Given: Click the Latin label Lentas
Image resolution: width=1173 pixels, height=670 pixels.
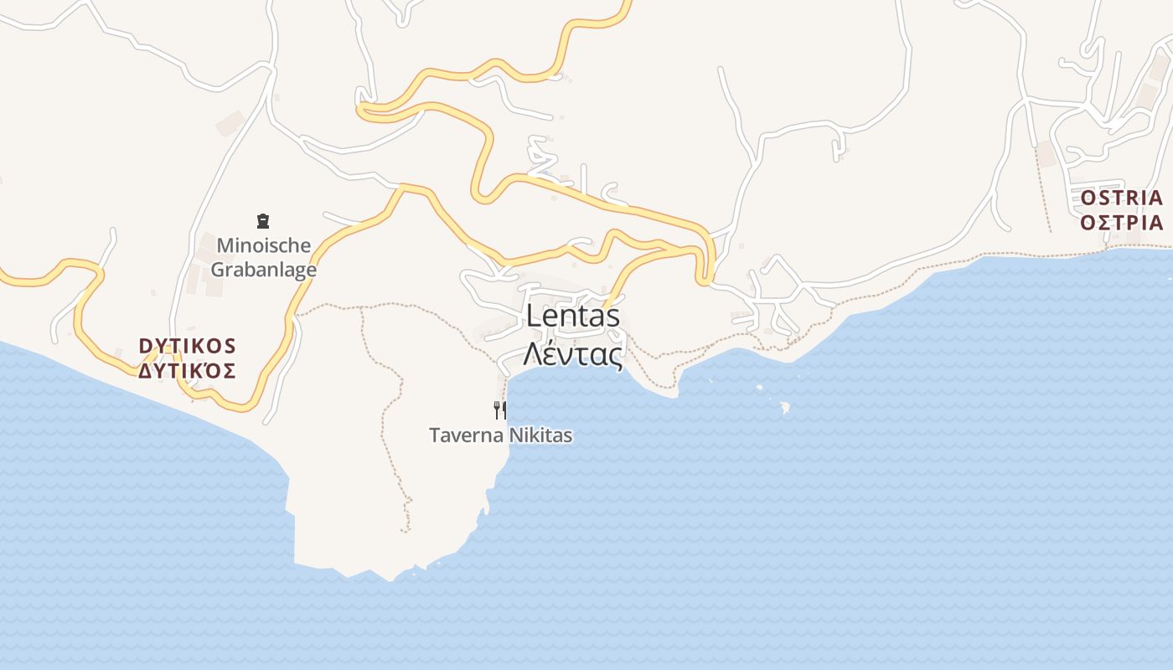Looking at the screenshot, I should point(573,317).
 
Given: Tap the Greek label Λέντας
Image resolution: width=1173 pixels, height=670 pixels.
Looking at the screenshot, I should point(573,354).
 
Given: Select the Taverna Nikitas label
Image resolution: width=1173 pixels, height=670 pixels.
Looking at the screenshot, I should point(500,435).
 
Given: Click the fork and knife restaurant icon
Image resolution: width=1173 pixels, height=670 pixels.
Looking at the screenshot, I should point(500,410).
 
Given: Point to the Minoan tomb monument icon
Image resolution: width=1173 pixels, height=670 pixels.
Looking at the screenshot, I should point(263,221).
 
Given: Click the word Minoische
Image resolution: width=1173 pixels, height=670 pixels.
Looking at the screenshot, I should point(263,246).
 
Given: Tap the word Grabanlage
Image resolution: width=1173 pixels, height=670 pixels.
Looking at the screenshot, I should point(263,270).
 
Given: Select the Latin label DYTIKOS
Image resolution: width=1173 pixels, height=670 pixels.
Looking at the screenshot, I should point(187,346).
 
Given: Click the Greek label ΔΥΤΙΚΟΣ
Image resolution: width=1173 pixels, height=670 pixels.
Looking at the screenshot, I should point(187,370).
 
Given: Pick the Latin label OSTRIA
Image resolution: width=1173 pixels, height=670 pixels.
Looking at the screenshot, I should point(1122,198).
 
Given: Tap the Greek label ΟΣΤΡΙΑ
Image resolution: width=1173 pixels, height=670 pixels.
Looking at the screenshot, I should point(1122,223).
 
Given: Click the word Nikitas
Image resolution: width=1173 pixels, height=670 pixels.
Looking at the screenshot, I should point(541,435).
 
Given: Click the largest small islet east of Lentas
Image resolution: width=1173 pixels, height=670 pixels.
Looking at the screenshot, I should point(785,408).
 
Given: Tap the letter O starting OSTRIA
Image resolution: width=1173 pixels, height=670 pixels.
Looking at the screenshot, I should point(1088,198).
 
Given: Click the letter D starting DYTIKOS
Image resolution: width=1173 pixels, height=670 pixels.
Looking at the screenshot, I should point(144,346).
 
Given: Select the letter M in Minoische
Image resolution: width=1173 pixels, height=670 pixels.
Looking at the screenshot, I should point(224,246).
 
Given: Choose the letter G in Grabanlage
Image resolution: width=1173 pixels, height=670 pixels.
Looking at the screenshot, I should point(218,270).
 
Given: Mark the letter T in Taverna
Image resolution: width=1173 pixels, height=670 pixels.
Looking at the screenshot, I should point(435,435).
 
